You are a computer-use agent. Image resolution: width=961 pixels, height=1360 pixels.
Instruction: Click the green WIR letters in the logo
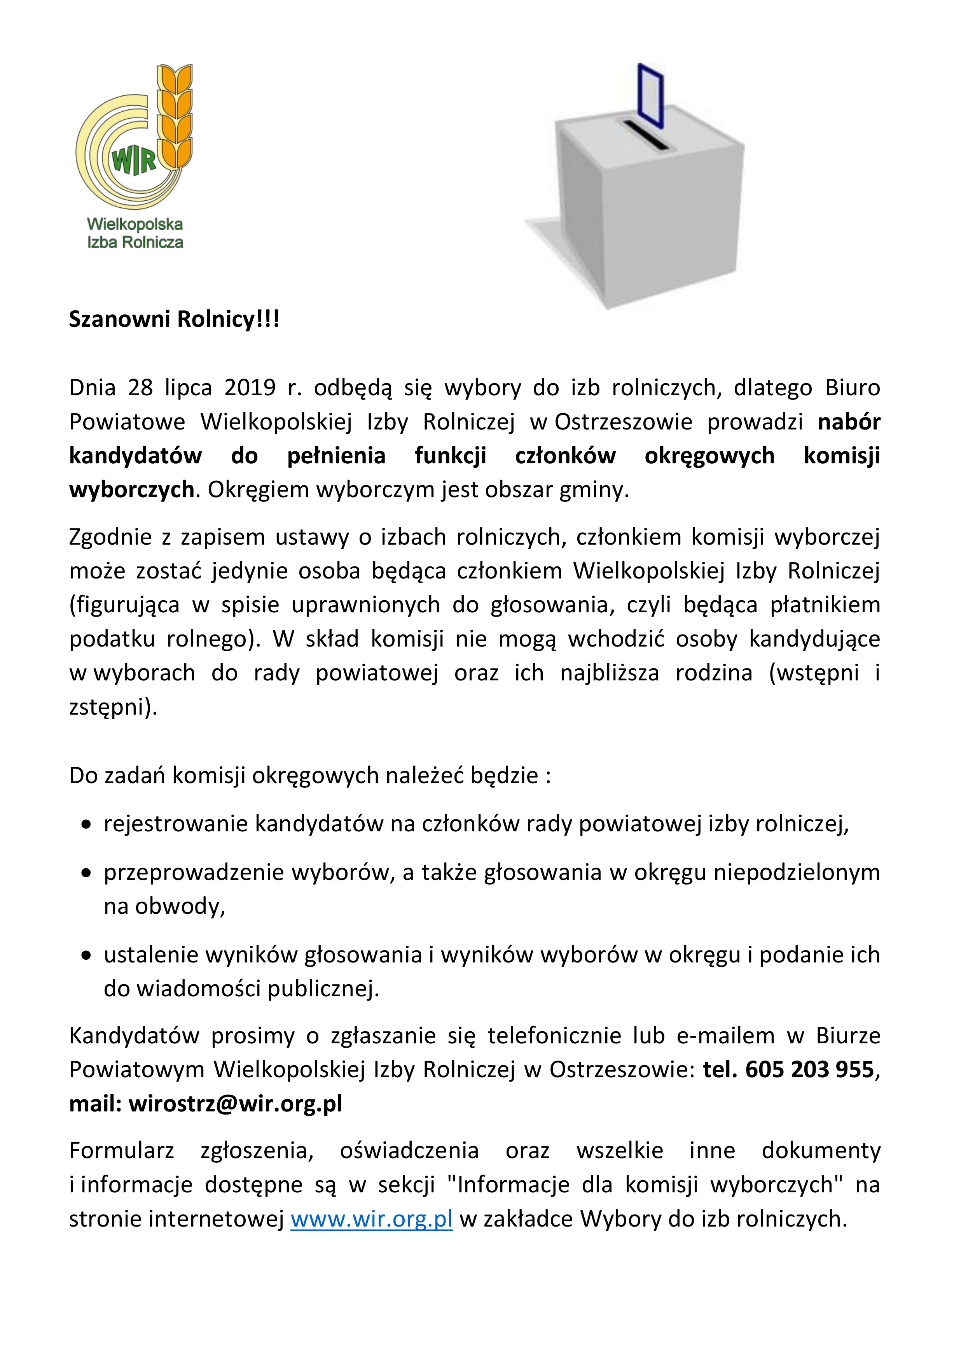tap(134, 160)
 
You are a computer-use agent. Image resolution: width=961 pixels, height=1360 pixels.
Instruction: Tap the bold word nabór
tap(849, 422)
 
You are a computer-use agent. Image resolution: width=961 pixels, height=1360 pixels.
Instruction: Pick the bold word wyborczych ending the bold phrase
tap(131, 490)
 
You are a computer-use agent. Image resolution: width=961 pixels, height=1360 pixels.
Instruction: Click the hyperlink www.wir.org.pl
tap(371, 1219)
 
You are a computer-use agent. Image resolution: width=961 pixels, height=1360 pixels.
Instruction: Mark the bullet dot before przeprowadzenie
tap(86, 873)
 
